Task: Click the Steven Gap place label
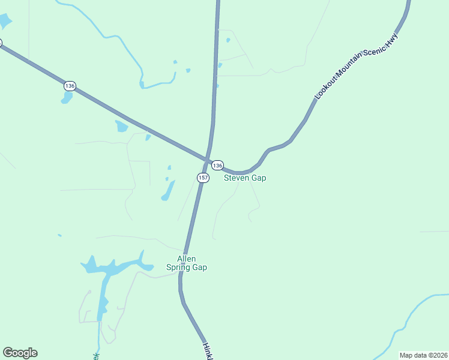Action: (x=245, y=178)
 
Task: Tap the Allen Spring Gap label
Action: (x=187, y=263)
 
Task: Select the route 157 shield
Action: (x=203, y=178)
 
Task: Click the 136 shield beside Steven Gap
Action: (x=217, y=165)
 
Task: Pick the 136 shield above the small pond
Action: (x=70, y=86)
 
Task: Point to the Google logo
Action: (x=20, y=353)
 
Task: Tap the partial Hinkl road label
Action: (x=208, y=352)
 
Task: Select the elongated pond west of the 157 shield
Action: (x=168, y=191)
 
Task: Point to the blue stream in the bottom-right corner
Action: (x=414, y=312)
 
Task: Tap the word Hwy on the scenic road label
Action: (x=393, y=40)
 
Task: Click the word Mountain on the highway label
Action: (x=350, y=70)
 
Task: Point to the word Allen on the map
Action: (x=187, y=259)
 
